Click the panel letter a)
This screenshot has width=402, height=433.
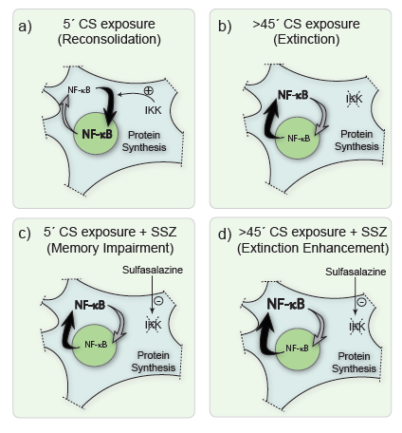pyautogui.click(x=25, y=27)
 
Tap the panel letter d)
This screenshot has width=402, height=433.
pyautogui.click(x=225, y=235)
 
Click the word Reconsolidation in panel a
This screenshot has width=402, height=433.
pyautogui.click(x=109, y=40)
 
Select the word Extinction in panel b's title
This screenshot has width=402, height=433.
pyautogui.click(x=306, y=40)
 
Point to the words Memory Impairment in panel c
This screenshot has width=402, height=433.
pyautogui.click(x=110, y=248)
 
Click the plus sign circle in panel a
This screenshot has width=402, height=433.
pyautogui.click(x=148, y=90)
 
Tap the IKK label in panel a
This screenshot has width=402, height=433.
pyautogui.click(x=153, y=110)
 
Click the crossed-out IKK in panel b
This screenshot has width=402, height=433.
pyautogui.click(x=354, y=99)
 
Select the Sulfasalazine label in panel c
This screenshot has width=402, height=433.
pyautogui.click(x=153, y=270)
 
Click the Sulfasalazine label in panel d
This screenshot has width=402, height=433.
pyautogui.click(x=356, y=272)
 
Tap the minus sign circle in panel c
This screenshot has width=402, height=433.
pyautogui.click(x=158, y=300)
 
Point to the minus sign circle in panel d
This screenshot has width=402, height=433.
pyautogui.click(x=361, y=302)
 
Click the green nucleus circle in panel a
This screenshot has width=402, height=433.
pyautogui.click(x=95, y=133)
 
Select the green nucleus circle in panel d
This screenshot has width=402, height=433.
pyautogui.click(x=298, y=348)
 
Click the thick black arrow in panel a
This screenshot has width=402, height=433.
pyautogui.click(x=111, y=104)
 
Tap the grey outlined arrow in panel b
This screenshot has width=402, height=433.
pyautogui.click(x=321, y=117)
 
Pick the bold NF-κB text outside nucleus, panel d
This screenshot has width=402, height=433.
pyautogui.click(x=285, y=304)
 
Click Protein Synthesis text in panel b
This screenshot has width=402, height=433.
pyautogui.click(x=356, y=141)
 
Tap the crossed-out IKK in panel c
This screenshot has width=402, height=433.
pyautogui.click(x=154, y=325)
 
